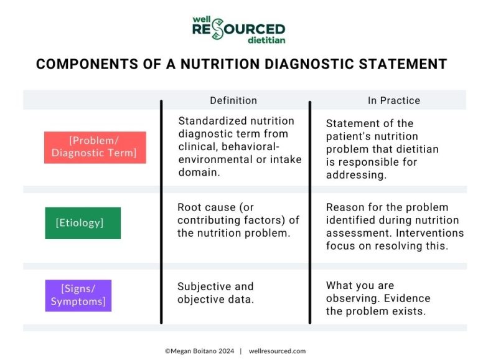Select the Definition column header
point(233,100)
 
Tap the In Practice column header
point(393,100)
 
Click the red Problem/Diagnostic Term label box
point(95,148)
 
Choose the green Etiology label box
point(83,223)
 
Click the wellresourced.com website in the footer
point(277,351)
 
